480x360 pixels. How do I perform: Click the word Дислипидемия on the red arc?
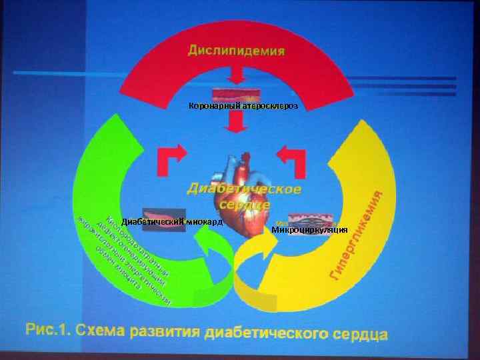236,50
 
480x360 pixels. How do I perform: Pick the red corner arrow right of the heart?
292,159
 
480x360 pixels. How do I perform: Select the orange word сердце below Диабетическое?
245,206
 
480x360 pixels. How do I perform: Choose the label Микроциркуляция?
309,230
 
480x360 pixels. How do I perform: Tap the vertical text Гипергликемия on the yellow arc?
359,236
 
